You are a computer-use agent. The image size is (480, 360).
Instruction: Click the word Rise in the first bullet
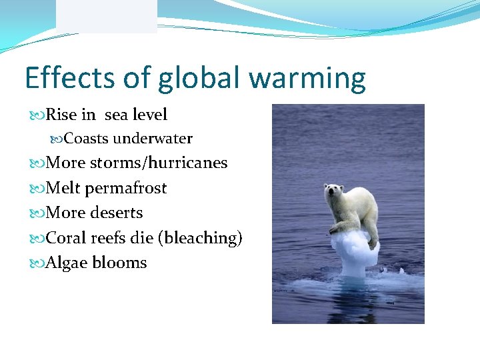(x=62, y=115)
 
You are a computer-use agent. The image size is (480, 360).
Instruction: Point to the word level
(x=149, y=115)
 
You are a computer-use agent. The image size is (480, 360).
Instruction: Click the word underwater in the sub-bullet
(x=153, y=139)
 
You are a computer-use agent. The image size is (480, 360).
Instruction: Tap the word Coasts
(x=87, y=139)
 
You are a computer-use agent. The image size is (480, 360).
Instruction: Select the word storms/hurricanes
(x=159, y=163)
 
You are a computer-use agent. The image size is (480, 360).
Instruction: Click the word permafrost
(x=126, y=189)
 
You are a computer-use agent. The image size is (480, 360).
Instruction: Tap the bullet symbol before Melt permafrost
(x=37, y=189)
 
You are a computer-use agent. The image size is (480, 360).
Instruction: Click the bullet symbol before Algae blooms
(x=37, y=263)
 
